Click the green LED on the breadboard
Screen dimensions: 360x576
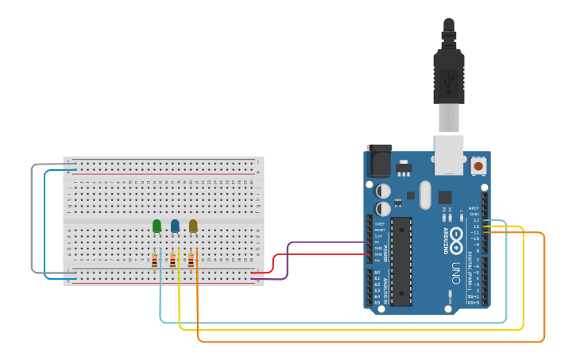tap(157, 226)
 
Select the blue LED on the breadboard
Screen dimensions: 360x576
tap(175, 226)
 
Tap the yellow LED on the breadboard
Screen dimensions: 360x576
tap(193, 226)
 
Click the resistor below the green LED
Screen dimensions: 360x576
tap(154, 259)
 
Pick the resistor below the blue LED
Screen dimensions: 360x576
tap(172, 259)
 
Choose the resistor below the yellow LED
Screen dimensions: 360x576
tap(191, 259)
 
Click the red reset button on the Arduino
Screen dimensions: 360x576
tap(478, 166)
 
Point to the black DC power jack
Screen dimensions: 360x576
tap(379, 161)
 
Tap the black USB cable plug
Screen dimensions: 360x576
tap(449, 75)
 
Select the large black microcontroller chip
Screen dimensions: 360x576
tap(401, 261)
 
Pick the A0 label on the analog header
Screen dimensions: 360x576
tap(377, 273)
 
